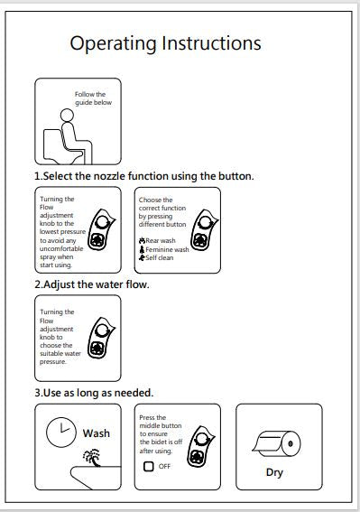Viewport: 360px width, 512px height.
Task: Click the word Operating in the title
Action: click(114, 44)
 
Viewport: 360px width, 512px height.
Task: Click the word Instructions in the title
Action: click(211, 42)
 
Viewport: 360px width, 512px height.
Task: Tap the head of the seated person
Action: click(67, 116)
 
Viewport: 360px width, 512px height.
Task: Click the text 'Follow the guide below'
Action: click(93, 98)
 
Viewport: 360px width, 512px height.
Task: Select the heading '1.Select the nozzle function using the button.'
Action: click(144, 176)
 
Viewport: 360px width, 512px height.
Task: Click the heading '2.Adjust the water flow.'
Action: click(92, 284)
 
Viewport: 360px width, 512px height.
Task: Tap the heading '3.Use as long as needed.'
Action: click(94, 393)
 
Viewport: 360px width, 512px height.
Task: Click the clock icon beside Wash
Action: click(61, 432)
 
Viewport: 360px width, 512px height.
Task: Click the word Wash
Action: click(97, 433)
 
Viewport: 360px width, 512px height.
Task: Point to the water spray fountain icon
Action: click(92, 458)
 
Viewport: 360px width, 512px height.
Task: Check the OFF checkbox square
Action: click(149, 466)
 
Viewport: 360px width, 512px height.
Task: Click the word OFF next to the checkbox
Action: click(164, 466)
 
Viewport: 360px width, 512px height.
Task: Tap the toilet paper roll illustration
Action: click(277, 443)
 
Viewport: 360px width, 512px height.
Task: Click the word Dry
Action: click(274, 472)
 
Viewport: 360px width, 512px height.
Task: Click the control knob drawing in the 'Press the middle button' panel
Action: click(200, 446)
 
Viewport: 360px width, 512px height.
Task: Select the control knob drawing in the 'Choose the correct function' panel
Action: click(204, 230)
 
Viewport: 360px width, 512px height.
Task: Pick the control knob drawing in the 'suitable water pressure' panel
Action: click(101, 338)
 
